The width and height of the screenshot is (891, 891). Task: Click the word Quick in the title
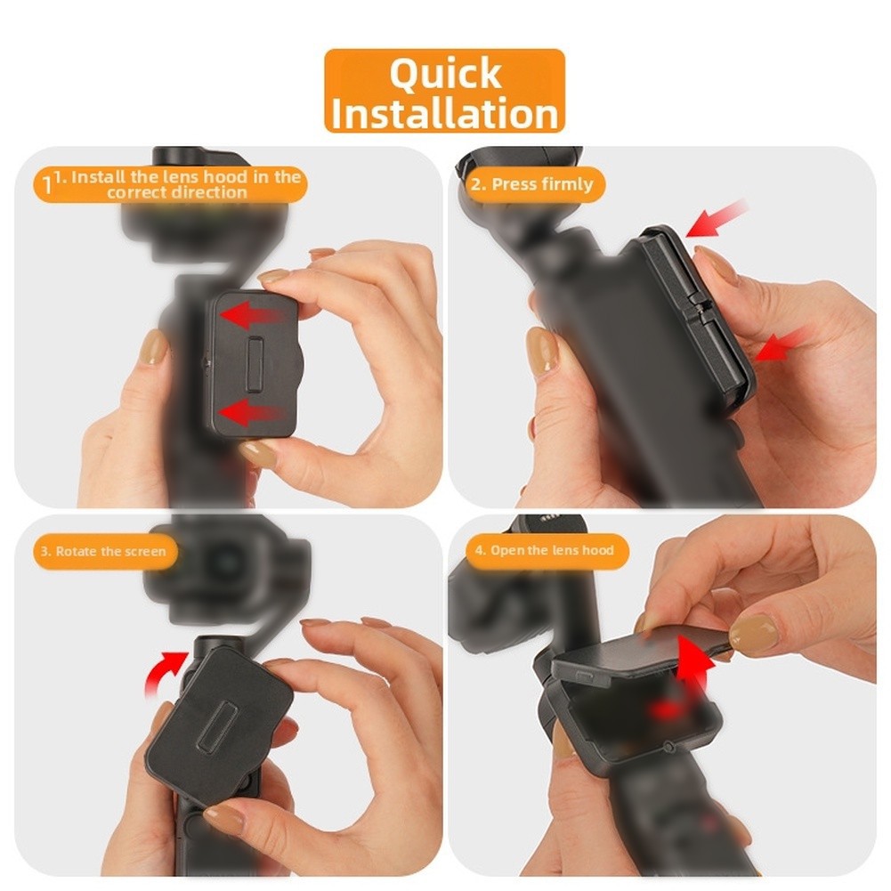tap(445, 73)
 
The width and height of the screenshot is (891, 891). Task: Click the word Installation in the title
tap(445, 114)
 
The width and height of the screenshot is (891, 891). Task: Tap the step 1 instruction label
tap(171, 184)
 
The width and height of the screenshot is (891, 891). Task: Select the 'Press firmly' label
tap(535, 184)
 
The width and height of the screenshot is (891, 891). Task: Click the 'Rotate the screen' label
tap(105, 551)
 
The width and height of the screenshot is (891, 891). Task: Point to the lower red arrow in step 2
tap(782, 344)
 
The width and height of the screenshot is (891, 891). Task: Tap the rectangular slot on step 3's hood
tap(214, 724)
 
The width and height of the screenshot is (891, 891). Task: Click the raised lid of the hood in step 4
tap(639, 653)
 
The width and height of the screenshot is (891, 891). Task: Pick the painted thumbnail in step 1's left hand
tap(154, 346)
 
